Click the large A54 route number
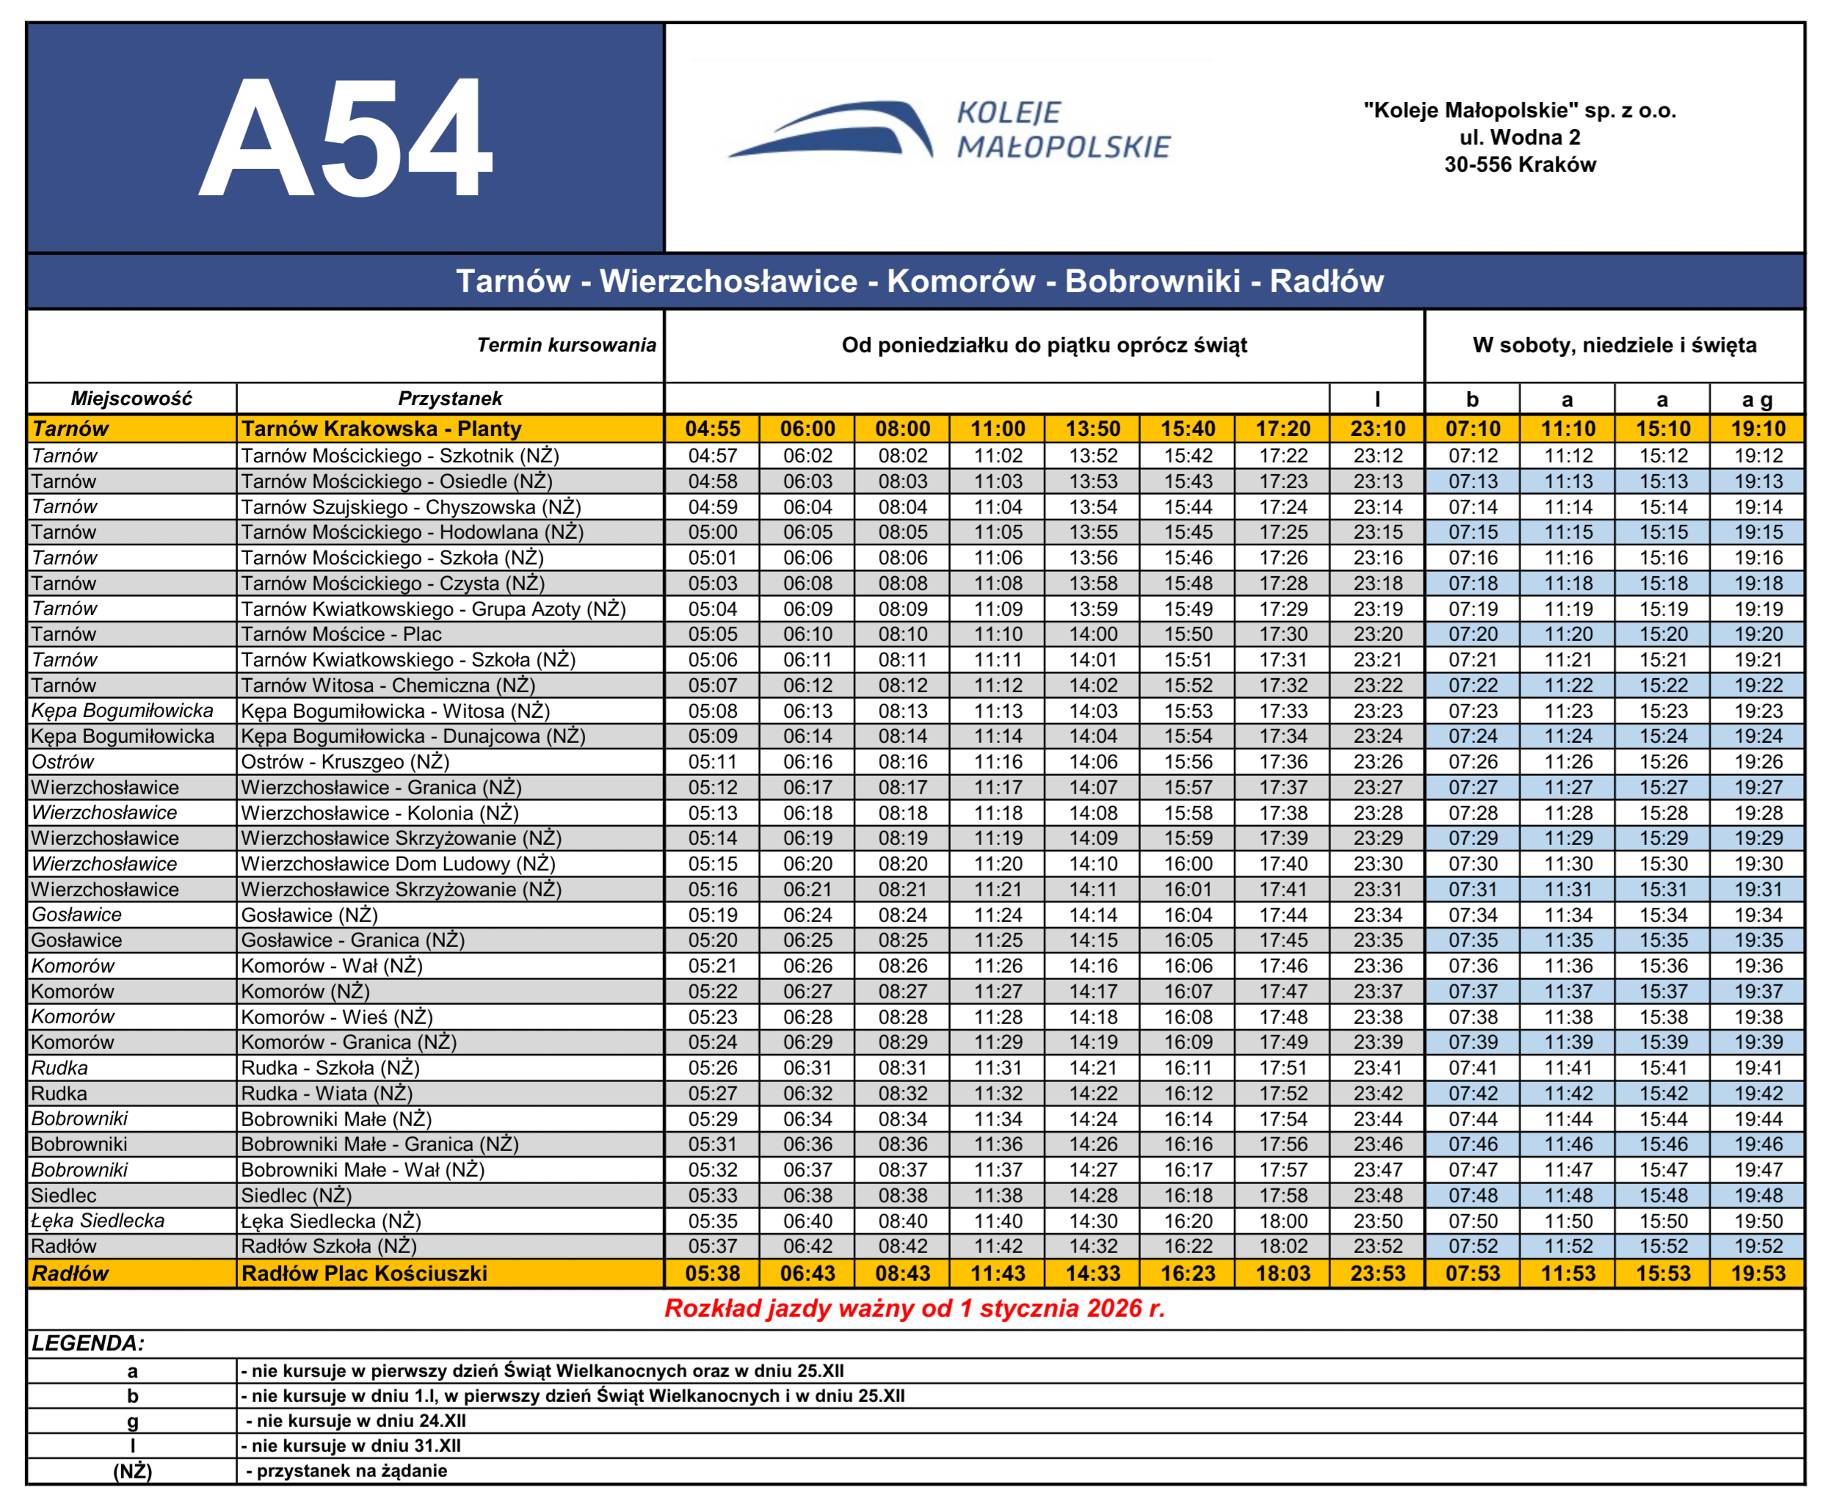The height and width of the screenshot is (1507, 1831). pyautogui.click(x=346, y=139)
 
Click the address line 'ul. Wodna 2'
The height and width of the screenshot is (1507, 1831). pyautogui.click(x=1519, y=137)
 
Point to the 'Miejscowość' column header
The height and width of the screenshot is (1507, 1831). pyautogui.click(x=131, y=399)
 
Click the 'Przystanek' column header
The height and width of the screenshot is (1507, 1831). pyautogui.click(x=450, y=399)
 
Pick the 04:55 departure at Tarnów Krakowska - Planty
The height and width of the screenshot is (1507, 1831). pyautogui.click(x=713, y=429)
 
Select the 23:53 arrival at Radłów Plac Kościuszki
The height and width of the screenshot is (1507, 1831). pyautogui.click(x=1378, y=1274)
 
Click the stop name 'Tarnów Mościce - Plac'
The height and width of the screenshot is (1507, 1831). pyautogui.click(x=341, y=633)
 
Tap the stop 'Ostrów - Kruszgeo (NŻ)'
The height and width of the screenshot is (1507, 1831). pyautogui.click(x=344, y=761)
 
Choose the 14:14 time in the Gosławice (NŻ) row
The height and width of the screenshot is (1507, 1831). pyautogui.click(x=1093, y=915)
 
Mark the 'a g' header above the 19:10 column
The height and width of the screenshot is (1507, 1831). pyautogui.click(x=1757, y=399)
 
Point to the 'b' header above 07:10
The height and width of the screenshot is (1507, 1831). pyautogui.click(x=1473, y=399)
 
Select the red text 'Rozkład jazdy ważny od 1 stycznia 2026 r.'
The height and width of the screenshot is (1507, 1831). pyautogui.click(x=915, y=1308)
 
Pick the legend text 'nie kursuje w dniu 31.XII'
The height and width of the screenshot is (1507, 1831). pyautogui.click(x=356, y=1445)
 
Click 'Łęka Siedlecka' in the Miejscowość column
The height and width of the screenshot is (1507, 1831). pyautogui.click(x=98, y=1221)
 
